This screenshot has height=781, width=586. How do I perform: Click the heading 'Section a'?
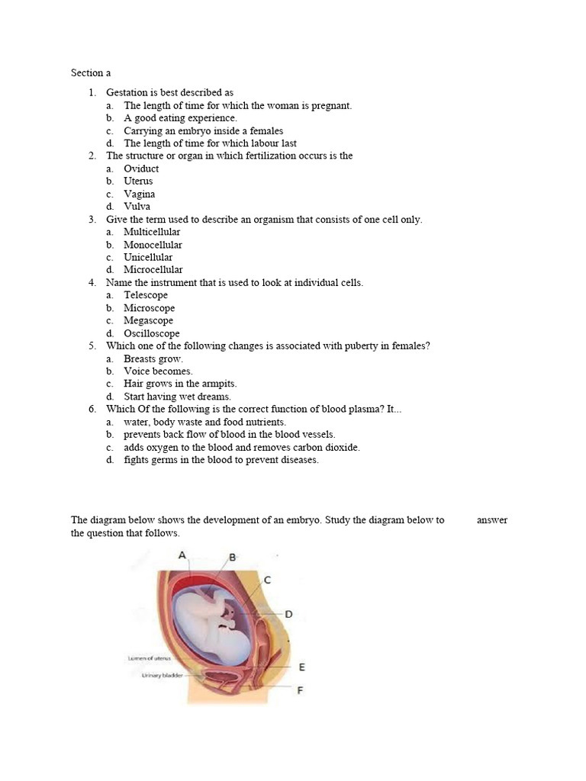tap(91, 73)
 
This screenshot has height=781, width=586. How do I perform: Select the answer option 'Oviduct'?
tap(141, 169)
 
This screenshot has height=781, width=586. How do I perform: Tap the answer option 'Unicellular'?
tap(148, 257)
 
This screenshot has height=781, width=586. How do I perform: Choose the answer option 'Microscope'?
tap(149, 308)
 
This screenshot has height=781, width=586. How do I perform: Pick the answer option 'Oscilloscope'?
tap(152, 333)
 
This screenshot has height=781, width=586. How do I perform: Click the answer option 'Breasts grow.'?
tap(153, 358)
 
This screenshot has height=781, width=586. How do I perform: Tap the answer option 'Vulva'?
tap(137, 206)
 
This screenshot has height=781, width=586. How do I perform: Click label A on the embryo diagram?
tap(182, 555)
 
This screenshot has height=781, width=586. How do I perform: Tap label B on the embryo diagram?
tap(233, 558)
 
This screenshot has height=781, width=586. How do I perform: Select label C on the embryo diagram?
tap(266, 580)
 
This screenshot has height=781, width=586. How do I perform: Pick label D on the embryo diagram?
tap(288, 613)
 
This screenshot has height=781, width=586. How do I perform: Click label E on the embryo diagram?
tap(301, 667)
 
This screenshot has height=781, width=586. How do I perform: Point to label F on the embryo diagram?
tap(300, 690)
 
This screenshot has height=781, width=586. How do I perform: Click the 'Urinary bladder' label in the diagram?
tap(163, 675)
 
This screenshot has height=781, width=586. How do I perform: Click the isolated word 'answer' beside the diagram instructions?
tap(491, 520)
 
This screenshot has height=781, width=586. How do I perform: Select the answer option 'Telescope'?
tap(146, 295)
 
